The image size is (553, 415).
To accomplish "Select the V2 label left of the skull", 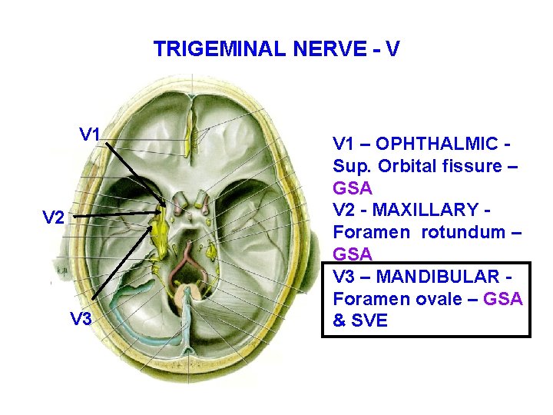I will [x=53, y=217].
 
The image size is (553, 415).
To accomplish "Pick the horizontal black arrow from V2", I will [x=115, y=215].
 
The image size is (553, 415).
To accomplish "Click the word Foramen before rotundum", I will [x=366, y=231].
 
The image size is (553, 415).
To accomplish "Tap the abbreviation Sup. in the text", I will [x=350, y=166].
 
